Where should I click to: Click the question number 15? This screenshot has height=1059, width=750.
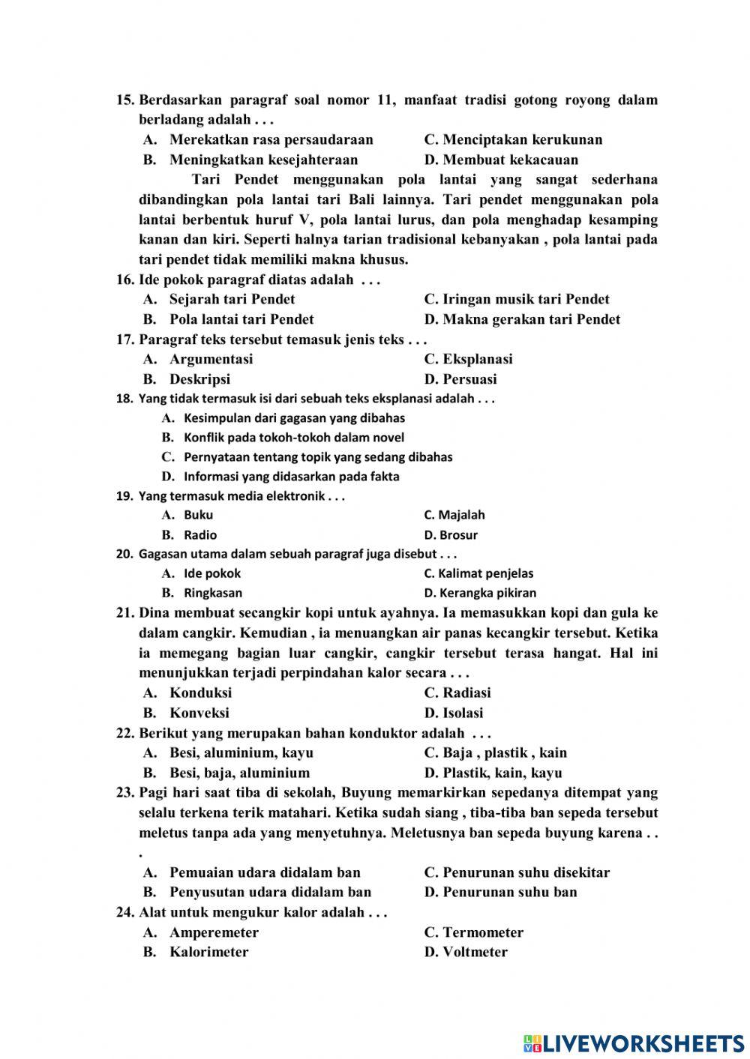[x=124, y=100]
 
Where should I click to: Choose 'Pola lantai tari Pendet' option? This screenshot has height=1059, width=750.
[x=241, y=319]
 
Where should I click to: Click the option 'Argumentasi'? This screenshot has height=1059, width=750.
[x=211, y=359]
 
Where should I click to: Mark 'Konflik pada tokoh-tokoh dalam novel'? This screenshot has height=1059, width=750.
[x=293, y=438]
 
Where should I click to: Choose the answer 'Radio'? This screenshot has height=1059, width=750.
[x=200, y=535]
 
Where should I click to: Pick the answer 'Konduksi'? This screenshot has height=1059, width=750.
[x=200, y=693]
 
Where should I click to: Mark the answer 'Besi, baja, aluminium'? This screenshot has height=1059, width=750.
[x=239, y=773]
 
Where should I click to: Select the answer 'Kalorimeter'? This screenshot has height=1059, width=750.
[x=208, y=952]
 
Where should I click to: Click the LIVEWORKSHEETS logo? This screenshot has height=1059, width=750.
[x=634, y=1043]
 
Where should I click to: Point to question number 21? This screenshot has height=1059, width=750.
[x=124, y=613]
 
